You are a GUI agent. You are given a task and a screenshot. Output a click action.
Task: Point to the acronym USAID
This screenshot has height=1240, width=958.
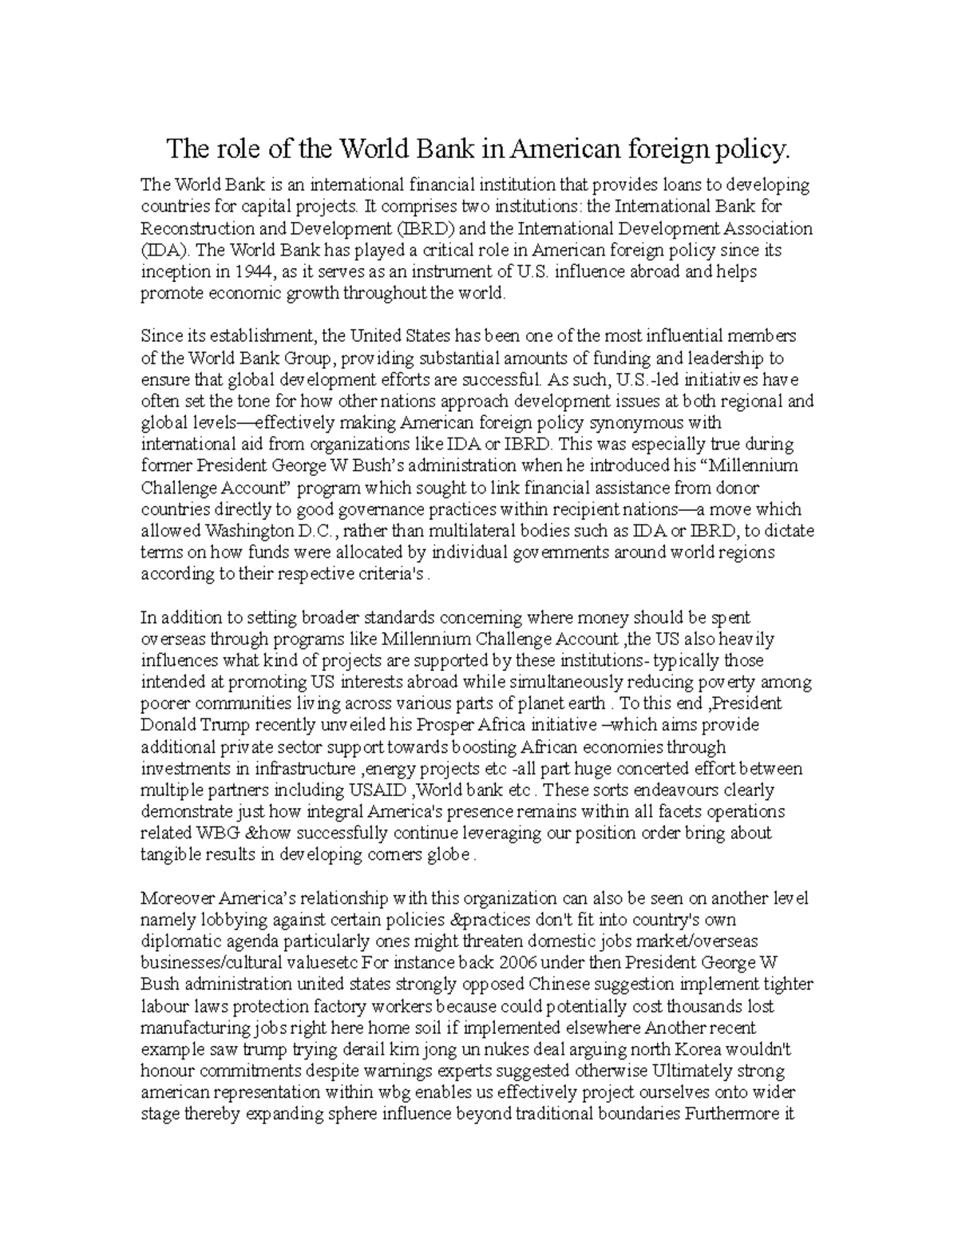pyautogui.click(x=377, y=790)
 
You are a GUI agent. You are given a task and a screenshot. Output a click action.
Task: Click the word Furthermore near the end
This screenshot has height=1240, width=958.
pyautogui.click(x=729, y=1114)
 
